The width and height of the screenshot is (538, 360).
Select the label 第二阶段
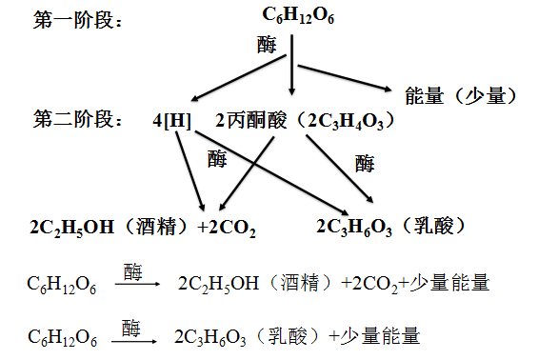click(x=74, y=121)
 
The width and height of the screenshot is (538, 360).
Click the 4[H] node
click(x=171, y=121)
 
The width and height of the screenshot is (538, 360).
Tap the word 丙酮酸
click(x=255, y=121)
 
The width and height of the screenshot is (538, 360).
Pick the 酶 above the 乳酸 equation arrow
click(x=133, y=327)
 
